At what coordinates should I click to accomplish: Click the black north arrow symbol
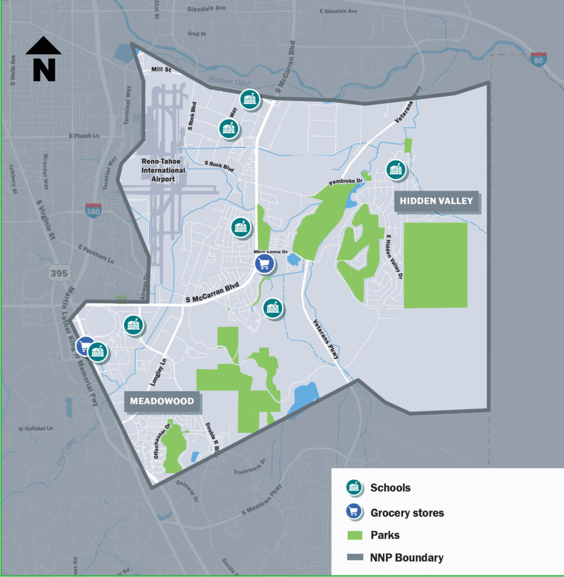(43, 59)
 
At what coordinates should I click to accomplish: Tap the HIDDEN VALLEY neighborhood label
(437, 201)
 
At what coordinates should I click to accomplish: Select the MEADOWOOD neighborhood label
(162, 401)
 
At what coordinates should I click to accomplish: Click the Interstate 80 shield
(538, 59)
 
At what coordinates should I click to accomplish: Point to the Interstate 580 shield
(94, 211)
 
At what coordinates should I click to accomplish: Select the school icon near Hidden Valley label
(396, 170)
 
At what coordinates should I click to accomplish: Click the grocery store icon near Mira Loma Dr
(264, 263)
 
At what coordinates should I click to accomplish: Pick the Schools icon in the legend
(354, 487)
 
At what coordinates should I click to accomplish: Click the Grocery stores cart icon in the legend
(354, 512)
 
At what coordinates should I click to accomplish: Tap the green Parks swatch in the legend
(354, 535)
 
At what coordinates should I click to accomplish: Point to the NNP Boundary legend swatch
(354, 558)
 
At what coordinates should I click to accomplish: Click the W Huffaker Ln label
(35, 429)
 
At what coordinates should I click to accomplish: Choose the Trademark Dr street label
(252, 469)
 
